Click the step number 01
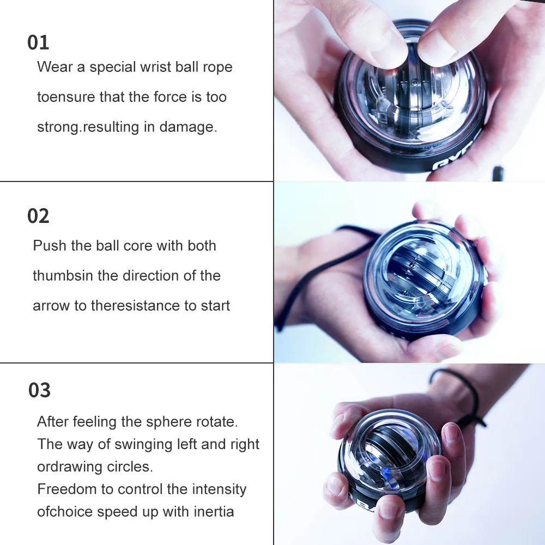point(38,43)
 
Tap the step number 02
point(38,216)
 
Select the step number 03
point(39,390)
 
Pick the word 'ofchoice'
point(64,512)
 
